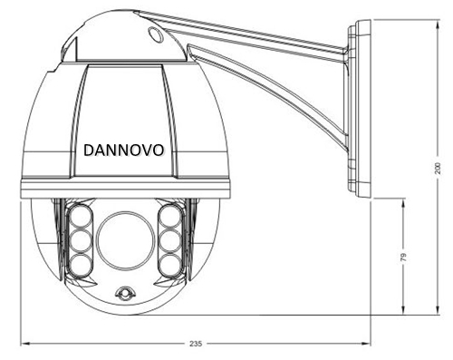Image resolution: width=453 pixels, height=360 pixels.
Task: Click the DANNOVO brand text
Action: pyautogui.click(x=123, y=150)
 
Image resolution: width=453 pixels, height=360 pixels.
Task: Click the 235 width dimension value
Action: pyautogui.click(x=196, y=344)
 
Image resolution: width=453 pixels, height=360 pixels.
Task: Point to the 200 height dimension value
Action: pyautogui.click(x=438, y=168)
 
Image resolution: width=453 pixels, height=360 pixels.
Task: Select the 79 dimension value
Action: pyautogui.click(x=403, y=257)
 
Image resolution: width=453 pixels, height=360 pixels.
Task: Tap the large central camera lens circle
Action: pyautogui.click(x=126, y=241)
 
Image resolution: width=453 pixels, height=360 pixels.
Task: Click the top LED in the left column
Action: pyautogui.click(x=81, y=216)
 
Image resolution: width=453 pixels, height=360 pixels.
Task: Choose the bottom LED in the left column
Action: pyautogui.click(x=81, y=265)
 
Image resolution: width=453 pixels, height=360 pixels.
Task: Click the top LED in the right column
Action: pyautogui.click(x=170, y=216)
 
